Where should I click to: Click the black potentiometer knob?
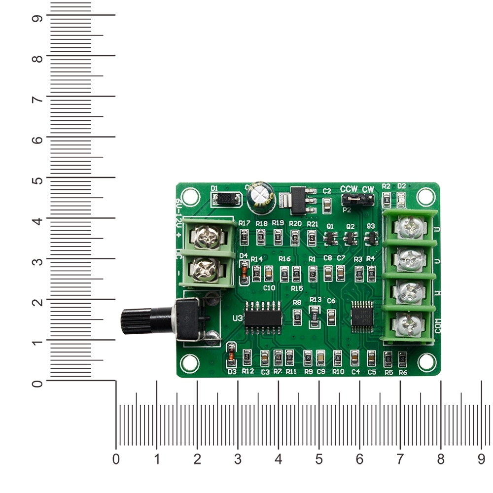pos(136,320)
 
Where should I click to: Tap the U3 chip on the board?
pos(263,317)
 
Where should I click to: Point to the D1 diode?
pos(227,200)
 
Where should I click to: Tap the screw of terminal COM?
pos(410,323)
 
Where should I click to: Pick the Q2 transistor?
pos(350,239)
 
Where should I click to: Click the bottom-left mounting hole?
pos(188,363)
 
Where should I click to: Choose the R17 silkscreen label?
pos(245,223)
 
